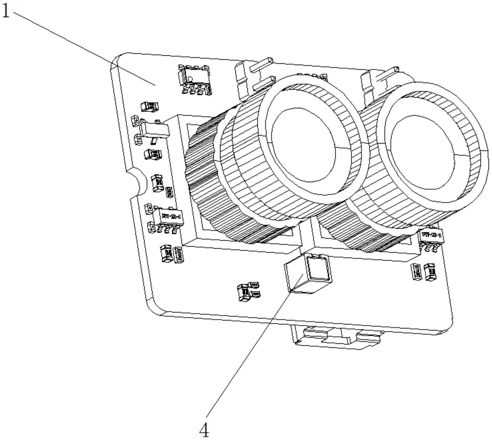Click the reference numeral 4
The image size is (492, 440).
[x=204, y=429]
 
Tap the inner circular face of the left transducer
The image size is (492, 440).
[x=304, y=145]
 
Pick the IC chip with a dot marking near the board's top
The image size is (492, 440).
[x=195, y=78]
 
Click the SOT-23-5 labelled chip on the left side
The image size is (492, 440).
[x=168, y=218]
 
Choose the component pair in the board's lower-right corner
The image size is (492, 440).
[x=424, y=271]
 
